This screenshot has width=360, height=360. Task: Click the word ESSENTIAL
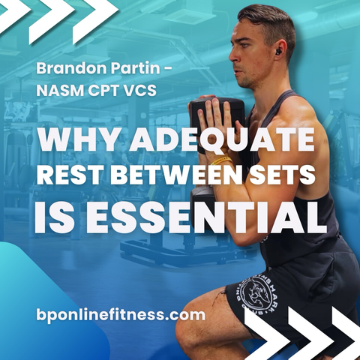pos(208,217)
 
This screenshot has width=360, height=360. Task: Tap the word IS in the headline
pos(58,217)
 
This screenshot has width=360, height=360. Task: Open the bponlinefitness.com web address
pos(121,314)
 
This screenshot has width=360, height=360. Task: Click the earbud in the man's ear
pos(277,52)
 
